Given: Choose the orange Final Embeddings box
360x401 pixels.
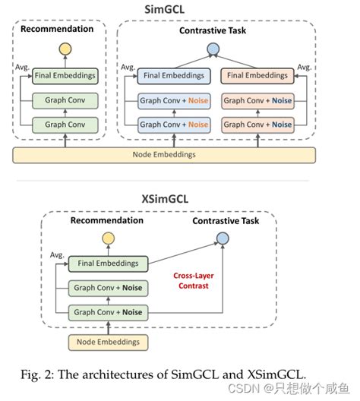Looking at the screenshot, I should [257, 75].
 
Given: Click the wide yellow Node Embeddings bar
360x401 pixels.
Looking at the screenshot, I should [165, 155].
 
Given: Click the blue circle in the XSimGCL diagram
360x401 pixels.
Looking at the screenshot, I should [222, 239].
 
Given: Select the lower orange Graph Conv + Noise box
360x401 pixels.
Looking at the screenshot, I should [257, 124].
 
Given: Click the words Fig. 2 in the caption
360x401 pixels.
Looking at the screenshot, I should [39, 372].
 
